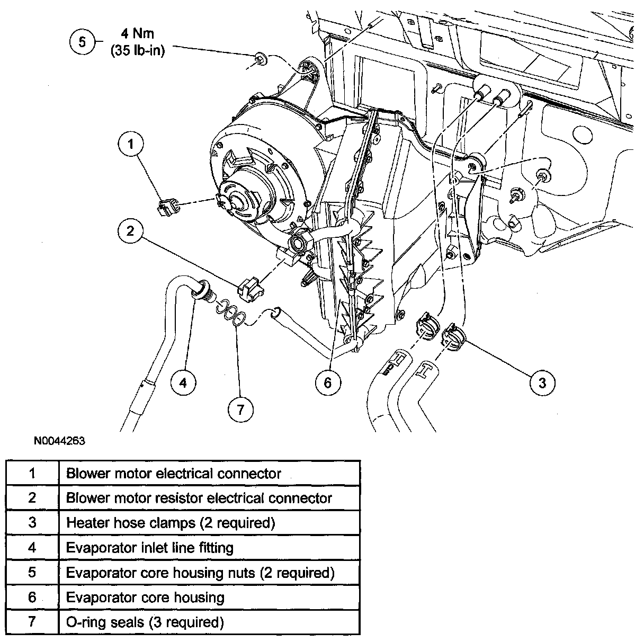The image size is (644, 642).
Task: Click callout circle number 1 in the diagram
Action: tap(131, 143)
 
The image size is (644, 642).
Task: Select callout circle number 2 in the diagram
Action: tap(131, 230)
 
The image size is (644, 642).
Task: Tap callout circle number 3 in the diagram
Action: tap(542, 382)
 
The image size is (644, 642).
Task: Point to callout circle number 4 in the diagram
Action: tap(183, 382)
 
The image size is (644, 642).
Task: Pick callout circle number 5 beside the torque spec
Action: tap(82, 41)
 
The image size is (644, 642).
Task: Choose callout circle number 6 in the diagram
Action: tap(327, 382)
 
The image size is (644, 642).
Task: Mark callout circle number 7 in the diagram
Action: tap(240, 409)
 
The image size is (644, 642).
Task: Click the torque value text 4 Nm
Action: tap(137, 34)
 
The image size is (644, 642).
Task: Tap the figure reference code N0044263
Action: tap(60, 441)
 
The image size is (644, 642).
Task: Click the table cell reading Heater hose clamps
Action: tap(171, 523)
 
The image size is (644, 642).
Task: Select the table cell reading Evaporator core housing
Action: tap(145, 598)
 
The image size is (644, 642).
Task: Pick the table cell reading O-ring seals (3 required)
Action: tap(145, 622)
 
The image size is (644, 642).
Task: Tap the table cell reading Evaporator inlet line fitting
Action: tap(150, 547)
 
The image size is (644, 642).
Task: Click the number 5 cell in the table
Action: tap(32, 572)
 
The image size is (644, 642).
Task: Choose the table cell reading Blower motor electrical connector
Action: tap(174, 473)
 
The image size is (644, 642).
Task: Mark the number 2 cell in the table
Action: tap(32, 498)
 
